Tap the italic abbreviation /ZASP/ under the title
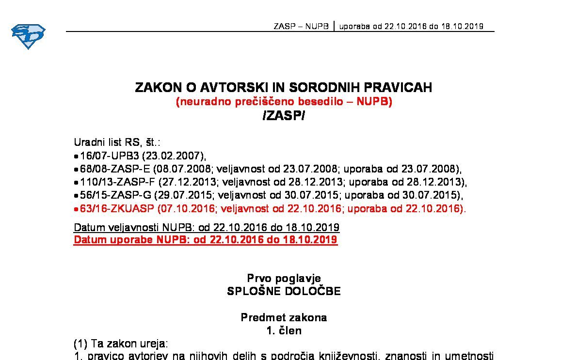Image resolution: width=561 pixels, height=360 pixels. click(x=283, y=116)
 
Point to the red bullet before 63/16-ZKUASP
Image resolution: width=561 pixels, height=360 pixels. click(x=76, y=210)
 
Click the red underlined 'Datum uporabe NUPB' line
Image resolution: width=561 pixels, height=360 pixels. click(x=205, y=240)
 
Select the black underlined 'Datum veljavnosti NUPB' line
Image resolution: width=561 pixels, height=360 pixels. click(x=206, y=227)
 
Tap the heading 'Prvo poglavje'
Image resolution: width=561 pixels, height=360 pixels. click(x=284, y=278)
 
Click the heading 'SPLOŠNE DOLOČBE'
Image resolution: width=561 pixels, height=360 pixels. click(x=284, y=291)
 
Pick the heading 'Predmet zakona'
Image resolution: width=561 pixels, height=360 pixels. click(x=284, y=318)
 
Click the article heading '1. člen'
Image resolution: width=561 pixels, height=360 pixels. click(x=284, y=331)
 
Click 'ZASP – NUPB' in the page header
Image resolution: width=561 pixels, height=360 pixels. click(x=301, y=27)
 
